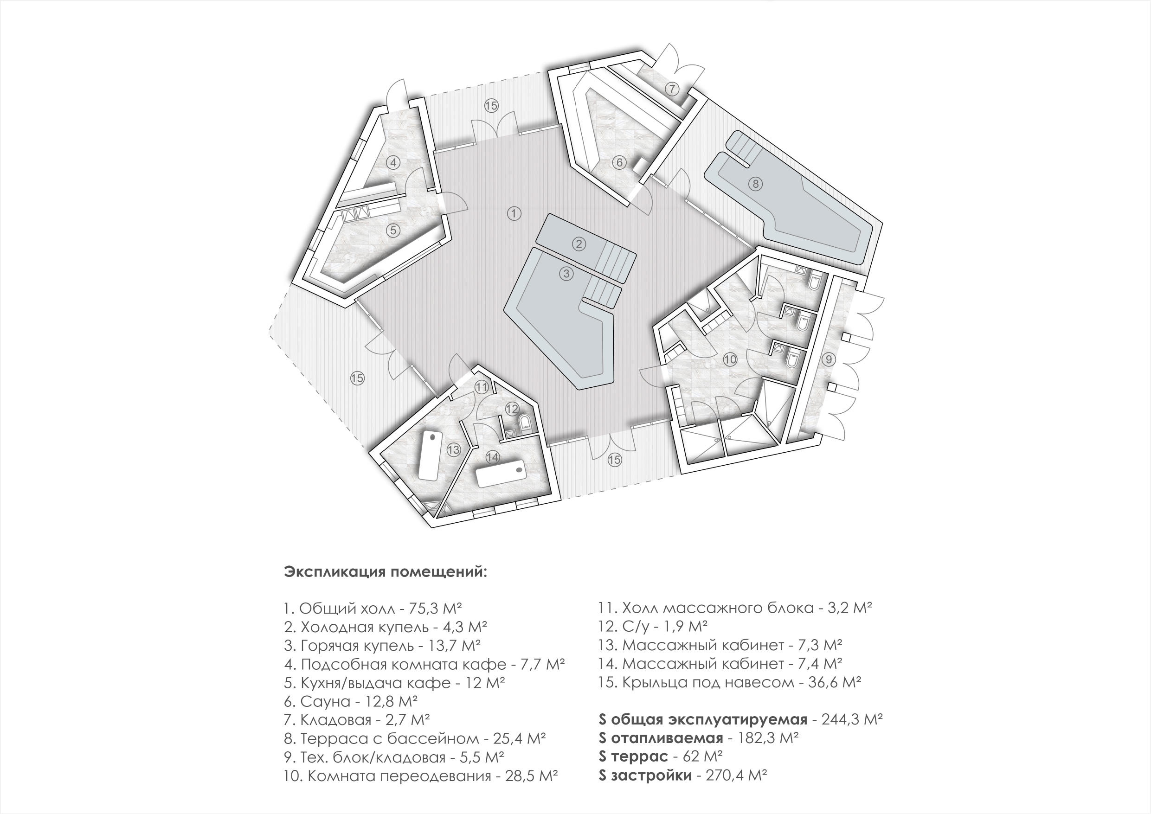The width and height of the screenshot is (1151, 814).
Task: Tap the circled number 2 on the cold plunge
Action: [x=579, y=244]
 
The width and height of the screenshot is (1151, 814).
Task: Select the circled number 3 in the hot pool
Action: [x=566, y=274]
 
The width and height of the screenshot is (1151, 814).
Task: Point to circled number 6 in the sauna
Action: [x=620, y=162]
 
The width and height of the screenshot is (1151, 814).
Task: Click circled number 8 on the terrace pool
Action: [x=755, y=184]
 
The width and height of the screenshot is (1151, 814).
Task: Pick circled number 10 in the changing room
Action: [x=730, y=359]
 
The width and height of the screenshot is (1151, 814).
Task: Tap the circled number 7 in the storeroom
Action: [x=672, y=89]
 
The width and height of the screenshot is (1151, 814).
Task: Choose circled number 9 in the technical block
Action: [x=829, y=359]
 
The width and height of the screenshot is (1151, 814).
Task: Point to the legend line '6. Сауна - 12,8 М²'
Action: [x=351, y=701]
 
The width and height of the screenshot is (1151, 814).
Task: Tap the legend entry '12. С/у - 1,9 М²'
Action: [x=653, y=627]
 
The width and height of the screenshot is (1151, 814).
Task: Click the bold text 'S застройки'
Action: [x=645, y=776]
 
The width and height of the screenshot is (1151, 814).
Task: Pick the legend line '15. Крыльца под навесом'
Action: [x=730, y=683]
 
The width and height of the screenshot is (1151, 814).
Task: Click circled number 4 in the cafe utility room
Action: [x=393, y=162]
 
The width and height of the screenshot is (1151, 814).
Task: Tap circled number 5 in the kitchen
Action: [x=393, y=230]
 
